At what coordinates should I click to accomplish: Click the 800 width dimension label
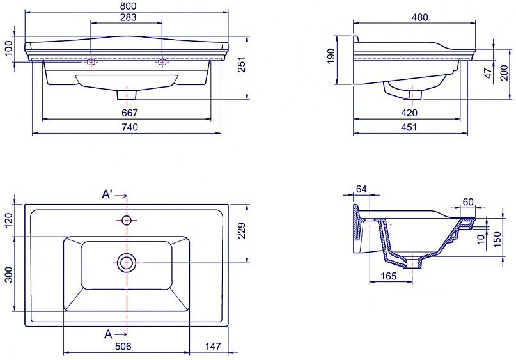(x=128, y=6)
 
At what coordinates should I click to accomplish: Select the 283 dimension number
(x=128, y=17)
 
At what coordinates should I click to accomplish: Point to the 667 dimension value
(x=129, y=113)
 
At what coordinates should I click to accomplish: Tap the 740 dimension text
(x=129, y=127)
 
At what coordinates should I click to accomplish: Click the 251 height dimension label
(x=242, y=65)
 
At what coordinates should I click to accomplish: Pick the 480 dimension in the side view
(x=419, y=17)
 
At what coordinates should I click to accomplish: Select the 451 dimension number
(x=409, y=127)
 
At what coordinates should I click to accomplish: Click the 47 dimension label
(x=489, y=73)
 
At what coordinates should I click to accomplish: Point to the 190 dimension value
(x=331, y=56)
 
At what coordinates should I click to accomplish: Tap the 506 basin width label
(x=123, y=346)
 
